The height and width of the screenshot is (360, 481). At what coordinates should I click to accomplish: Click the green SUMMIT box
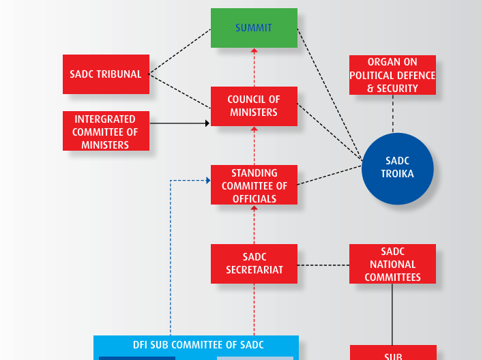click(x=254, y=28)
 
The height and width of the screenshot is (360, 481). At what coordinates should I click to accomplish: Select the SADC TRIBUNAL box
click(x=106, y=74)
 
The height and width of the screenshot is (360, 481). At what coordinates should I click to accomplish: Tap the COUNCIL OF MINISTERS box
click(x=254, y=106)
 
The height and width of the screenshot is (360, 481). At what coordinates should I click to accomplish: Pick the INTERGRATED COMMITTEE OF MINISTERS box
click(x=106, y=131)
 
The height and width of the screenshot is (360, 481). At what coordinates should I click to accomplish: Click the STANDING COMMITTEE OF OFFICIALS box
click(x=254, y=185)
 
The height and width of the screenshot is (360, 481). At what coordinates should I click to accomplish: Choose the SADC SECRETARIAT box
click(x=254, y=264)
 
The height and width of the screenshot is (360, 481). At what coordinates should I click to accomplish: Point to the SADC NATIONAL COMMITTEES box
click(x=392, y=265)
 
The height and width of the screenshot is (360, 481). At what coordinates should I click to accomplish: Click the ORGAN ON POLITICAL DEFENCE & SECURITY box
click(x=392, y=76)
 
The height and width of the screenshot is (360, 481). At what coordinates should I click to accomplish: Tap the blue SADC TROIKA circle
click(x=397, y=168)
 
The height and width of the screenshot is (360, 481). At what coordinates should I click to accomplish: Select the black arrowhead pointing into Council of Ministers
click(x=207, y=123)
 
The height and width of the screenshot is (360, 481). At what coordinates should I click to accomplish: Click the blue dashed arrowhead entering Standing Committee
click(x=207, y=181)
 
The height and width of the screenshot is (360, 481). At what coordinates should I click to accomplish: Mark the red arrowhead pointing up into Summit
click(x=254, y=50)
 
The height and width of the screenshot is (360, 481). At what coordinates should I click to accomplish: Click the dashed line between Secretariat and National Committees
click(x=323, y=265)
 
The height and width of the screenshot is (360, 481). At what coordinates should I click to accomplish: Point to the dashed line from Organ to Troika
click(x=393, y=114)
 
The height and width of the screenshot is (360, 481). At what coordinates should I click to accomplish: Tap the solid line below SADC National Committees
click(x=392, y=314)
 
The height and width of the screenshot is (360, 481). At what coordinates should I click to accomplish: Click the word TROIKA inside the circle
click(x=397, y=174)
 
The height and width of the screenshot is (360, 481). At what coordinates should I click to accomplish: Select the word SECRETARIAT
click(x=254, y=270)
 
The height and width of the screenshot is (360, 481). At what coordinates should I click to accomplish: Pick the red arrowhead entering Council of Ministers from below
click(x=254, y=130)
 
